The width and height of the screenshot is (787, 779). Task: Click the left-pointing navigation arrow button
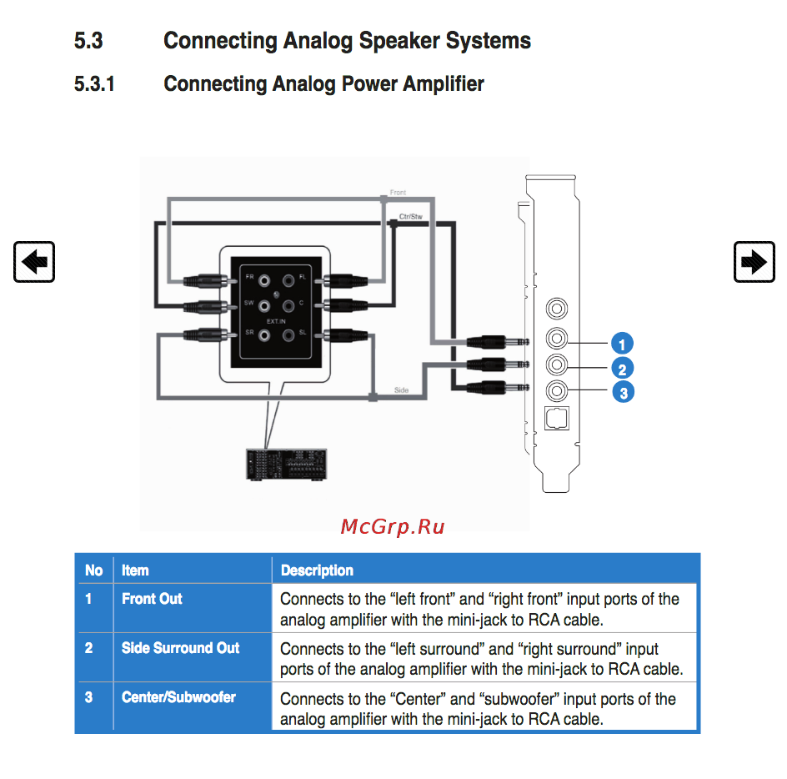pyautogui.click(x=34, y=262)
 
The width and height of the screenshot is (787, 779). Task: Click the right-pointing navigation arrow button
pyautogui.click(x=754, y=262)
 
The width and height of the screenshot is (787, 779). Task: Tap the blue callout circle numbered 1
pyautogui.click(x=622, y=343)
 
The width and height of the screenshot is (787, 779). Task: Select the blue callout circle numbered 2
pyautogui.click(x=622, y=368)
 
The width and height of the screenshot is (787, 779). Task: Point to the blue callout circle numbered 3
pyautogui.click(x=622, y=392)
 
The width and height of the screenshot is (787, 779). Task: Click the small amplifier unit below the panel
pyautogui.click(x=286, y=464)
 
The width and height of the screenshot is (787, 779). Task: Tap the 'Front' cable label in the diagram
pyautogui.click(x=399, y=193)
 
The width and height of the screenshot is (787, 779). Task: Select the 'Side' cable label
pyautogui.click(x=401, y=389)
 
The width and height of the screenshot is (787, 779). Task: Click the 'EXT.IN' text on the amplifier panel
pyautogui.click(x=276, y=320)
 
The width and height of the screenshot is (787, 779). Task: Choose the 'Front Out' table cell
pyautogui.click(x=152, y=599)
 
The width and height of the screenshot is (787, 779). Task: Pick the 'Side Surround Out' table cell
pyautogui.click(x=180, y=648)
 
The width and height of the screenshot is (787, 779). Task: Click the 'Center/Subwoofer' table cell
pyautogui.click(x=178, y=697)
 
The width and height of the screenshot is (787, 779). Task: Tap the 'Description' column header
pyautogui.click(x=317, y=570)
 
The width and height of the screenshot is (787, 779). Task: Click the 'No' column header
pyautogui.click(x=93, y=570)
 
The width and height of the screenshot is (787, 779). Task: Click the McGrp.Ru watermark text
pyautogui.click(x=393, y=526)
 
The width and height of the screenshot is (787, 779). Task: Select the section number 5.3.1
pyautogui.click(x=94, y=84)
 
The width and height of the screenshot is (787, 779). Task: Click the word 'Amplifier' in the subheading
pyautogui.click(x=443, y=84)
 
